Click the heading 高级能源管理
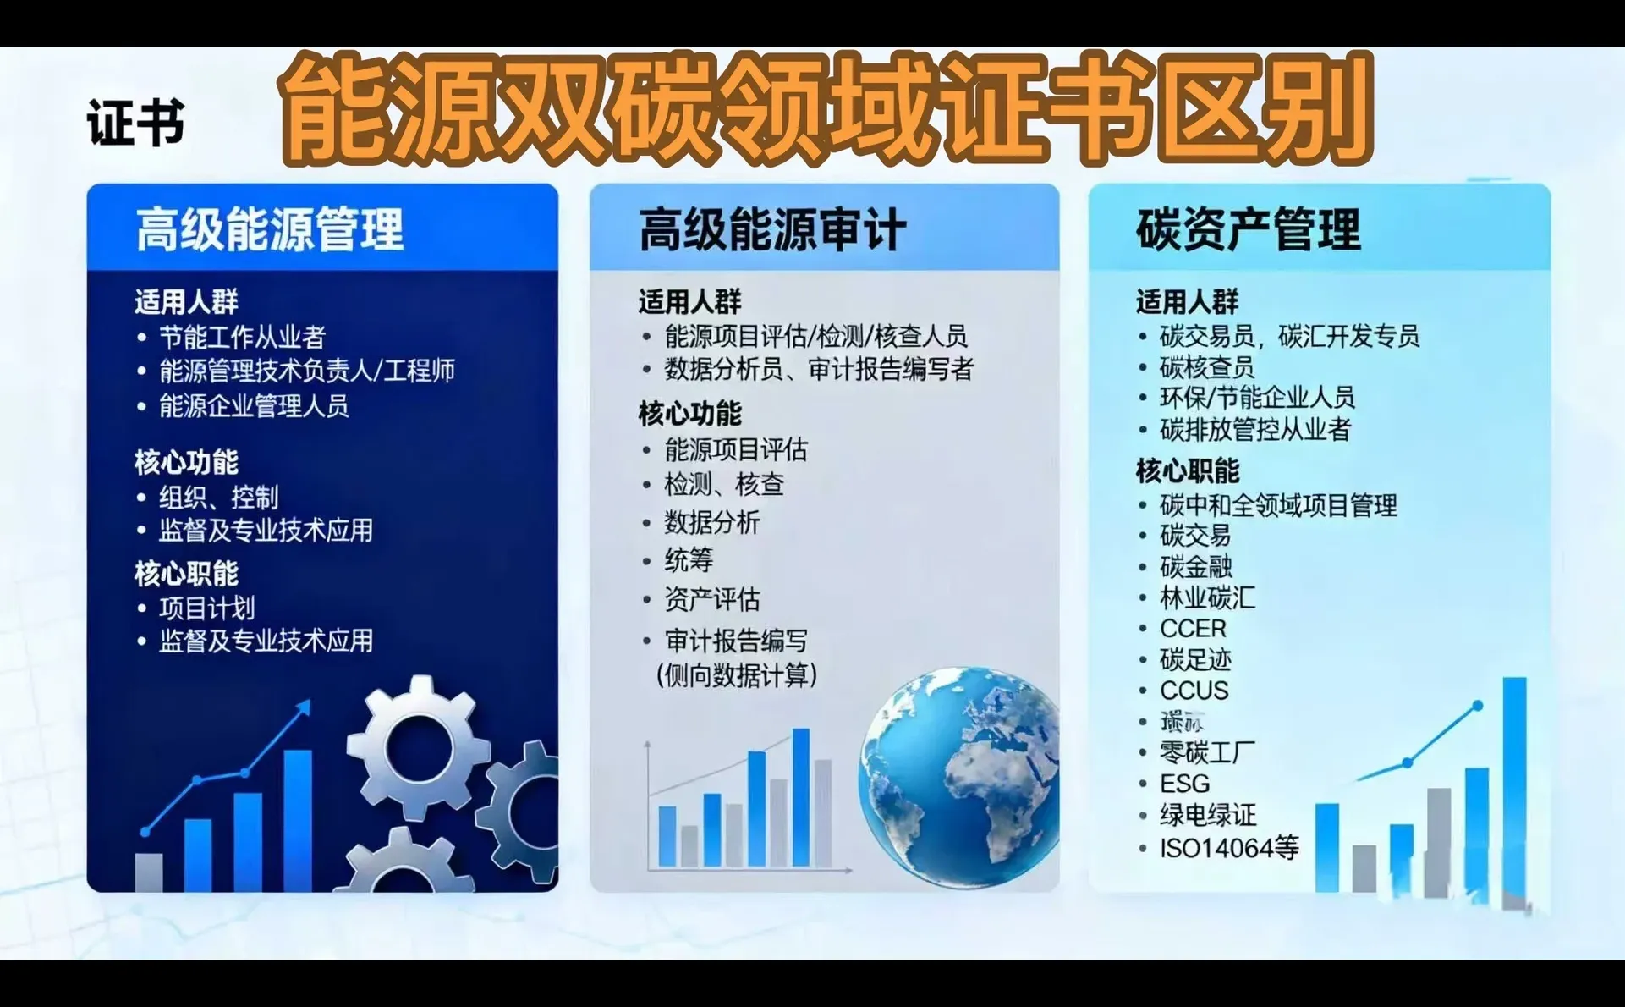pos(269,229)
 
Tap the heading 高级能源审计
pos(771,229)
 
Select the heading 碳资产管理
pos(1248,229)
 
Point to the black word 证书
pos(135,124)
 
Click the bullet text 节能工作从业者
pos(242,338)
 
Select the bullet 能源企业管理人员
pos(254,406)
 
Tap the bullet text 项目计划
pos(206,608)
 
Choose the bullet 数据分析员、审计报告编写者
pos(818,369)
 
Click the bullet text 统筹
pos(689,560)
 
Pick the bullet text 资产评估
pos(711,600)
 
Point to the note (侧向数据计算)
pos(737,675)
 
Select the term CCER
pos(1193,629)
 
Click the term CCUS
pos(1194,691)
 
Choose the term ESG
pos(1184,784)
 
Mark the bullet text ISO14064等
pos(1228,848)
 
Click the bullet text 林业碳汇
pos(1207,597)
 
